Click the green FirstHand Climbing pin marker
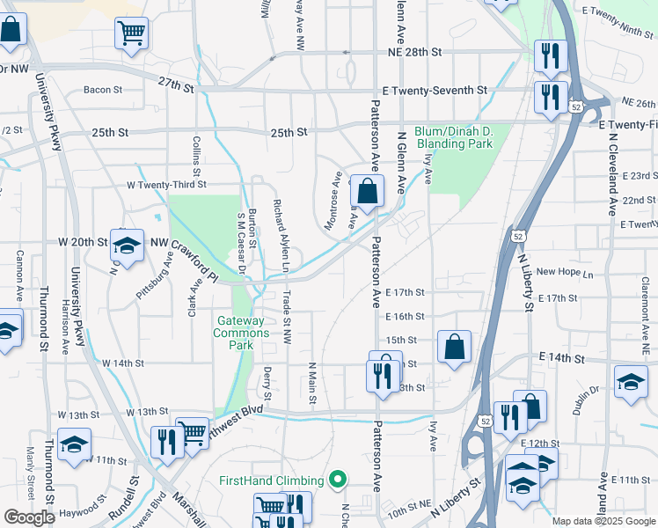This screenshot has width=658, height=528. click(336, 480)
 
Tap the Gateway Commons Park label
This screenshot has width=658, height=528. click(242, 333)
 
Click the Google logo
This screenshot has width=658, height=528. click(29, 517)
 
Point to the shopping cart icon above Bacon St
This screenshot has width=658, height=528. click(131, 34)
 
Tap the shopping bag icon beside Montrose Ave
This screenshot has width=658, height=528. click(366, 190)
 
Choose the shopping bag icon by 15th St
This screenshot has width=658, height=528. click(454, 347)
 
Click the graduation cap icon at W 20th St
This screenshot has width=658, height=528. click(127, 248)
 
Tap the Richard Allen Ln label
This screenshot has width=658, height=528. click(283, 234)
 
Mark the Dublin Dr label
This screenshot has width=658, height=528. click(589, 388)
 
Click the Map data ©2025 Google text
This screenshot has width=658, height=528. click(603, 521)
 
